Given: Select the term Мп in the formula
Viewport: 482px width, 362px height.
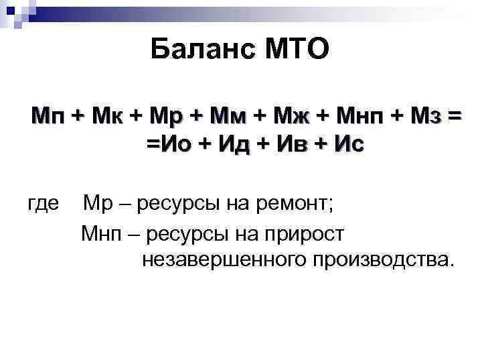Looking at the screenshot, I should coord(48,116).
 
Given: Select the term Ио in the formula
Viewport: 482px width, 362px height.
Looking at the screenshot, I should coord(171,144).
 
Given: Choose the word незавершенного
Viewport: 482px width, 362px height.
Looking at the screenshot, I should coord(216,259).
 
